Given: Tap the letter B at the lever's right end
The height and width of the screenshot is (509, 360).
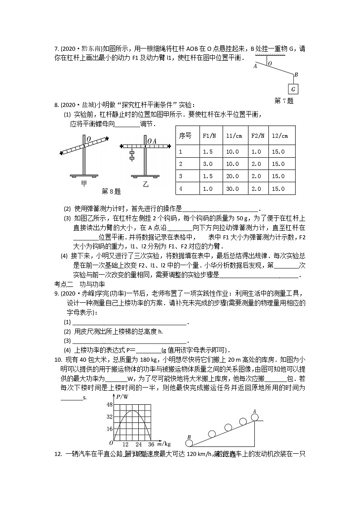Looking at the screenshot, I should tap(296, 75).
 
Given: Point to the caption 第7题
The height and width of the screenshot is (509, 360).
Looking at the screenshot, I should tap(284, 101).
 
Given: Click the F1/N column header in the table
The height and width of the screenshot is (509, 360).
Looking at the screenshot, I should tap(209, 136).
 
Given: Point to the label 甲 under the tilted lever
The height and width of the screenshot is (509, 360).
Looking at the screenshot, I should tap(84, 183).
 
